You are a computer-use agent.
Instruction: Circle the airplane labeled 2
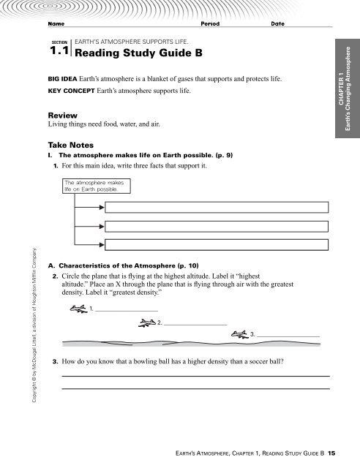coord(145,322)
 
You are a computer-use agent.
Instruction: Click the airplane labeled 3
coord(239,333)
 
